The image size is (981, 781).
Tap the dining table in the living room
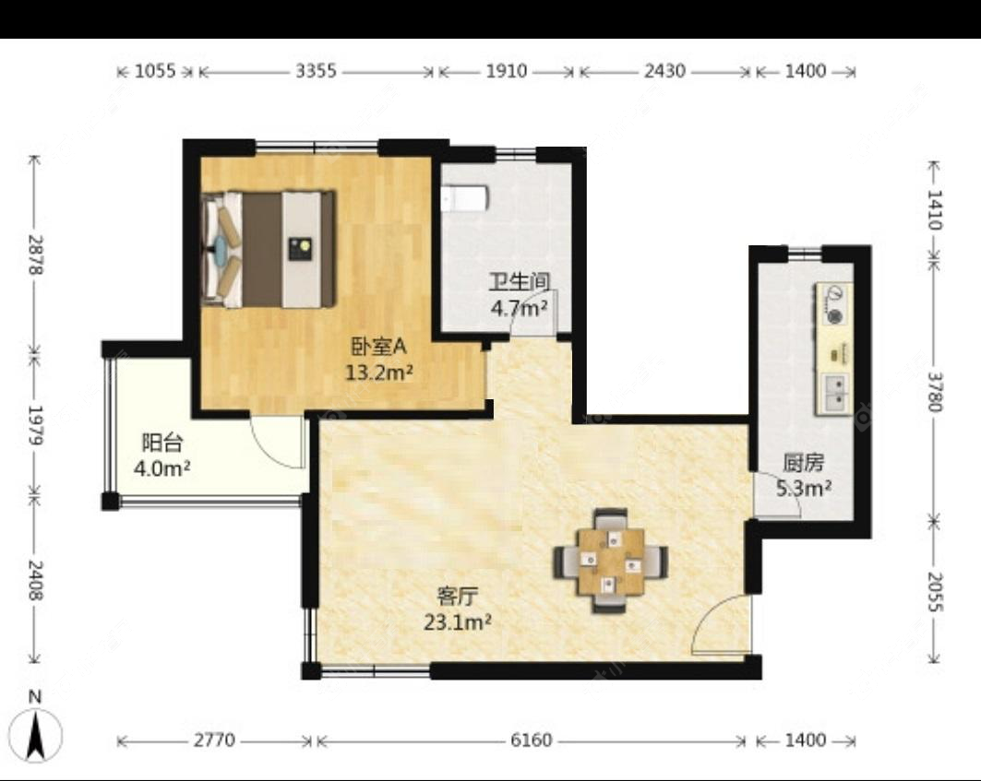(611, 561)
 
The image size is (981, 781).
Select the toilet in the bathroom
(463, 197)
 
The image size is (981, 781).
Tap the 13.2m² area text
(379, 373)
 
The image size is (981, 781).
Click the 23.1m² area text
(457, 622)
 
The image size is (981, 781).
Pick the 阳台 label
(162, 442)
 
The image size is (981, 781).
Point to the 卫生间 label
(520, 282)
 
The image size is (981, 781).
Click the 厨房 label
(804, 463)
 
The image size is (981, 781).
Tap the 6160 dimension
(532, 740)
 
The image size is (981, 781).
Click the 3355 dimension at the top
(316, 71)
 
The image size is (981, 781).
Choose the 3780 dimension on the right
(934, 392)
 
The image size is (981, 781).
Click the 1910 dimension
(506, 71)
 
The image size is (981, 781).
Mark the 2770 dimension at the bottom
(214, 740)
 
